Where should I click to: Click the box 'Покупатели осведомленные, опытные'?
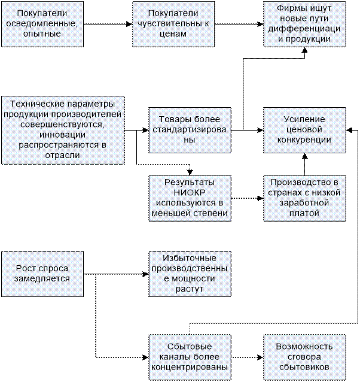[41, 24]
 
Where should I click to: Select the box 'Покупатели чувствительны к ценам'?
[174, 24]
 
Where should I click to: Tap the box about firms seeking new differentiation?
[304, 24]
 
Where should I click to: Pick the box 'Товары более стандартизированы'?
[189, 129]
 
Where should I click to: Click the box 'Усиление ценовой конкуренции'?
[304, 129]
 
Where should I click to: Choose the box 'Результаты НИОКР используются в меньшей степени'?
[189, 198]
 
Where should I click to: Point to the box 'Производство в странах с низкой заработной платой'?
[304, 198]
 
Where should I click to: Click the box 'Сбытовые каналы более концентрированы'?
[189, 357]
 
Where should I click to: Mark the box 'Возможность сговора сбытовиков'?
[304, 357]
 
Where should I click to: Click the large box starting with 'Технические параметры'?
[62, 129]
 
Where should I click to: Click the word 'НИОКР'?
[189, 192]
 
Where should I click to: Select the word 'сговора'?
[304, 357]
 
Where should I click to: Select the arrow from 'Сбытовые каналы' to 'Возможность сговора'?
[246, 357]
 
